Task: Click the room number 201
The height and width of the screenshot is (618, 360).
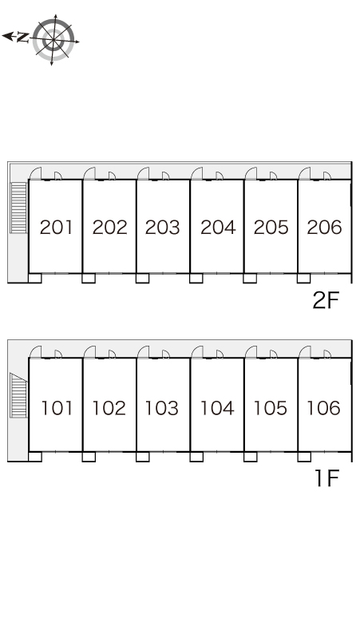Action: click(x=57, y=228)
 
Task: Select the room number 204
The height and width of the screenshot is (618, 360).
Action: click(x=218, y=228)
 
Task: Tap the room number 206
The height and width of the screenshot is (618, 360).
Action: click(x=324, y=228)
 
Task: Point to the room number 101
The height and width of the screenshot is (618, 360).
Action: click(x=57, y=408)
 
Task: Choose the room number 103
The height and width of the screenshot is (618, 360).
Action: click(x=162, y=408)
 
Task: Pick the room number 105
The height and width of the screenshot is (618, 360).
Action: click(x=270, y=408)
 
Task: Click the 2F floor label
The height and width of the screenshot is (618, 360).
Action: click(x=326, y=301)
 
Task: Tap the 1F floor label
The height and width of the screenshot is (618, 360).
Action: click(x=327, y=478)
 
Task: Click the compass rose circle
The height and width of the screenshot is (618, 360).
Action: click(x=53, y=40)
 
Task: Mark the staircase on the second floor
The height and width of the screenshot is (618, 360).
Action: click(x=18, y=208)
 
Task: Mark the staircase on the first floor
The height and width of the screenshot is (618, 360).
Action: click(x=18, y=395)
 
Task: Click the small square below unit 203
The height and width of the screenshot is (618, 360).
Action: click(x=143, y=278)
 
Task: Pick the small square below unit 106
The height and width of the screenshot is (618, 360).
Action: click(x=304, y=457)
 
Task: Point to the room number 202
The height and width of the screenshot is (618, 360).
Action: click(x=110, y=228)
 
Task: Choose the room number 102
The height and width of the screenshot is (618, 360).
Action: click(x=109, y=408)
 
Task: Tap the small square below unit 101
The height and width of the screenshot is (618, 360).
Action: click(x=35, y=457)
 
